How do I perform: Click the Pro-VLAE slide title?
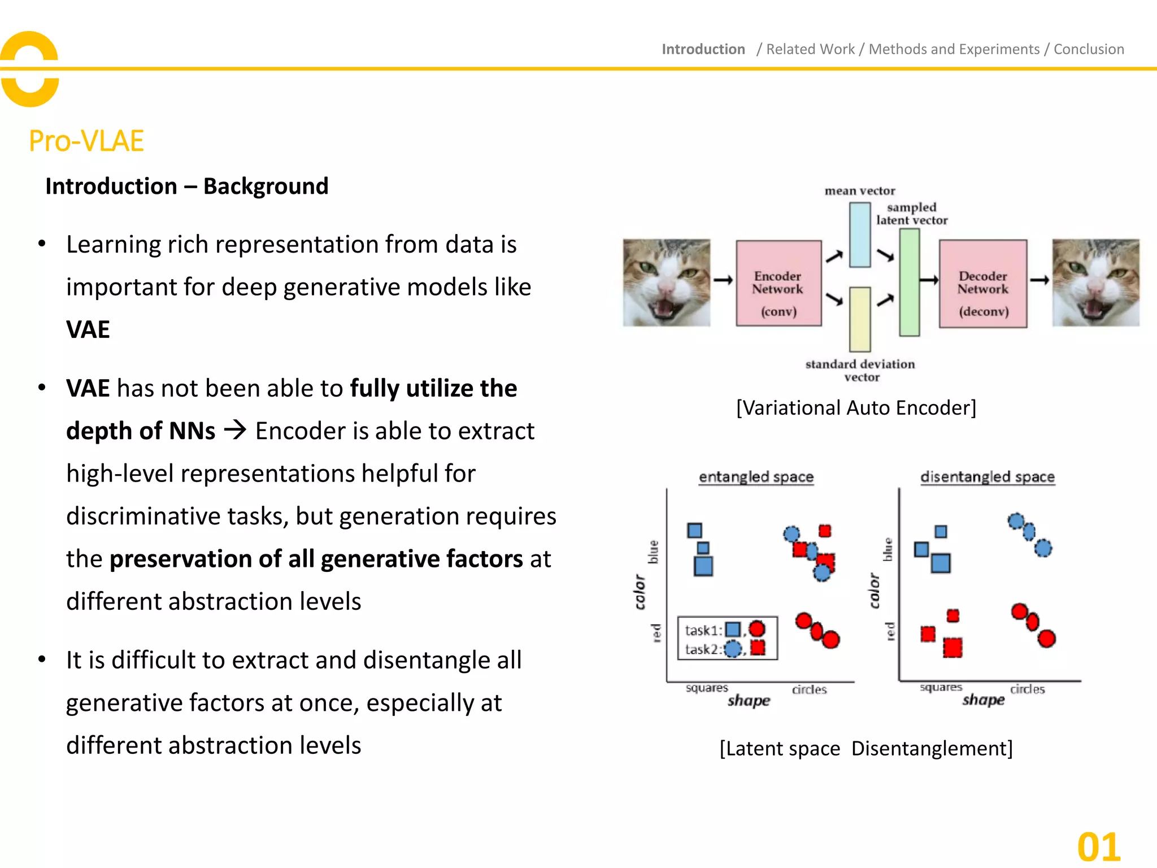click(x=86, y=141)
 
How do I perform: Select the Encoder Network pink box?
click(x=778, y=283)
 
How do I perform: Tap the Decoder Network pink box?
click(x=982, y=283)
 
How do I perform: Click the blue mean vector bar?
click(x=859, y=234)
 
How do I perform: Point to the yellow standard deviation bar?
click(x=859, y=319)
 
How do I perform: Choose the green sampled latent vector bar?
click(x=909, y=282)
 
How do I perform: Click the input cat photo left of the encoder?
click(x=666, y=282)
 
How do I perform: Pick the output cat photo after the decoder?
click(x=1095, y=282)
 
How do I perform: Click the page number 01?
click(x=1098, y=847)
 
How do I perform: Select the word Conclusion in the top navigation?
click(x=1089, y=49)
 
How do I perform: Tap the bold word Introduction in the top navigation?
click(x=703, y=49)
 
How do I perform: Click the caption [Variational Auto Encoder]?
click(x=856, y=407)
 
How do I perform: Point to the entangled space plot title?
click(x=756, y=477)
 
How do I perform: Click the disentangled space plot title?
click(x=987, y=477)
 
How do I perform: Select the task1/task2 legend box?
click(x=727, y=639)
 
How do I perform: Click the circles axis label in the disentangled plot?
click(x=1027, y=689)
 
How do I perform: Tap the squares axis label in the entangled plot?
click(x=706, y=688)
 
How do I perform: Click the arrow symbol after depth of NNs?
click(x=235, y=431)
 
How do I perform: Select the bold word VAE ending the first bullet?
click(x=88, y=329)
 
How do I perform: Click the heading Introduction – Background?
click(x=186, y=186)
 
